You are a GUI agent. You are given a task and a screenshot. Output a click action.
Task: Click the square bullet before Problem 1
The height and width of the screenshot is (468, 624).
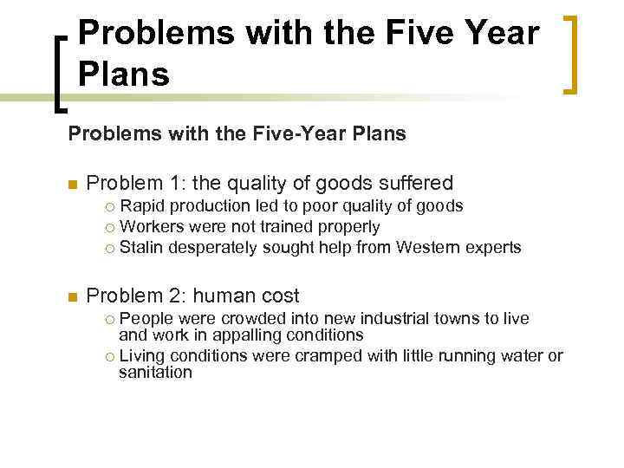click(73, 184)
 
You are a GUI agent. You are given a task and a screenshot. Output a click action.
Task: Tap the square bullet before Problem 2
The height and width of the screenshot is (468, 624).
click(73, 296)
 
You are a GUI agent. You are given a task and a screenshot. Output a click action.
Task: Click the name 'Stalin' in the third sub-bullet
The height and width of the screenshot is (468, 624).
click(140, 248)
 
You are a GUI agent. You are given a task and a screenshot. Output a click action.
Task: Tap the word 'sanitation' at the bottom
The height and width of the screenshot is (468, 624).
click(155, 373)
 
